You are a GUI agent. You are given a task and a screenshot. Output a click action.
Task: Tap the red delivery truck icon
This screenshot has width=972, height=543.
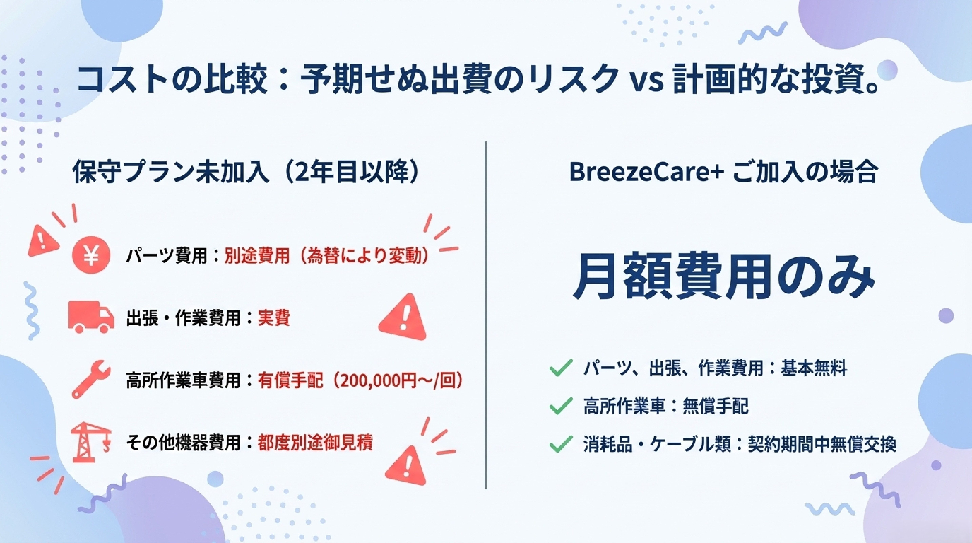pyautogui.click(x=91, y=316)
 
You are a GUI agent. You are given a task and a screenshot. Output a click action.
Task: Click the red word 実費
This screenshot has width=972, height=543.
pyautogui.click(x=274, y=318)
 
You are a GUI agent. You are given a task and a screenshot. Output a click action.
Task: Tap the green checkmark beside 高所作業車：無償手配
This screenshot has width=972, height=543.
pyautogui.click(x=561, y=406)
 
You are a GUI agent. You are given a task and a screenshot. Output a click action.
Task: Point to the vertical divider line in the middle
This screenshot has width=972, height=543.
pyautogui.click(x=486, y=315)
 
